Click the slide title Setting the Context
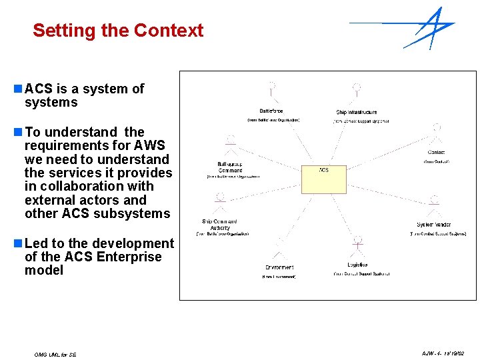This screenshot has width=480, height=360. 118,31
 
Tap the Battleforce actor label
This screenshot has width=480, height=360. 271,111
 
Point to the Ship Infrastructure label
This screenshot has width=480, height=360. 357,112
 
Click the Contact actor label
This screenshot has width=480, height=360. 436,153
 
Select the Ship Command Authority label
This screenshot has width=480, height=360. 220,225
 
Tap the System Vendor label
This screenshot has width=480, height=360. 434,225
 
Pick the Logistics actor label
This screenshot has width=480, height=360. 357,265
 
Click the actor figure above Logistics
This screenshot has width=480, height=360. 357,244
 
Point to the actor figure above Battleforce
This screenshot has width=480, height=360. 271,90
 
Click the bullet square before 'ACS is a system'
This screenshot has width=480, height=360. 18,89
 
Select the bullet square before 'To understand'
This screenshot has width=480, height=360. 18,132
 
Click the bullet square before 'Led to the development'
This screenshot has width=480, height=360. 18,243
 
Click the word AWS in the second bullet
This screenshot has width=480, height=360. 149,145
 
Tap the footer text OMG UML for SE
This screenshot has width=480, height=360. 55,355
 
